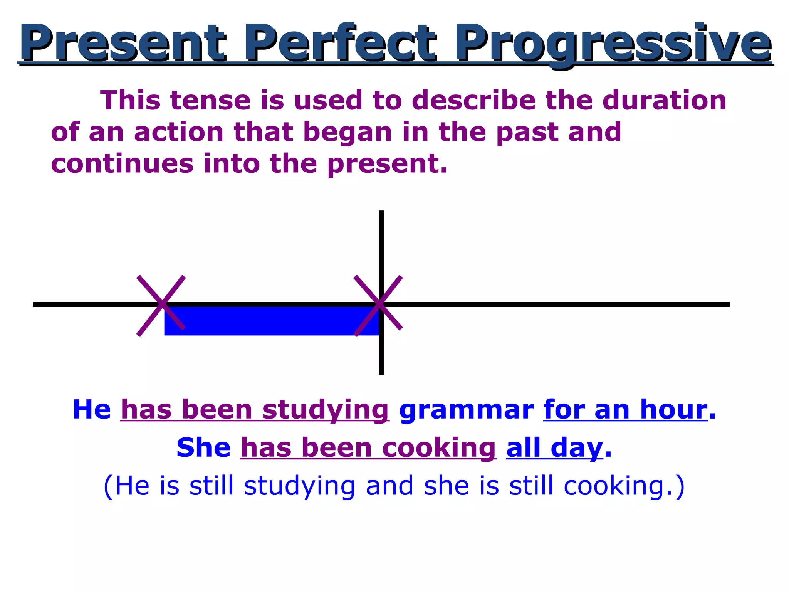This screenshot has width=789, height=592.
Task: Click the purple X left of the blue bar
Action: pos(161,305)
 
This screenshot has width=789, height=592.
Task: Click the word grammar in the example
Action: pos(466,410)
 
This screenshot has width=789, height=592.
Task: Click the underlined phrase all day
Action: pos(554,448)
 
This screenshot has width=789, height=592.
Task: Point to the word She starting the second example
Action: pos(203,448)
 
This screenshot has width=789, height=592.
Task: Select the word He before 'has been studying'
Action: pos(92,410)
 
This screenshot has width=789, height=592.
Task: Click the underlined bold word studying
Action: pos(325,410)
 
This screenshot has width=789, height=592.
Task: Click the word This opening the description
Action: pos(130,101)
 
